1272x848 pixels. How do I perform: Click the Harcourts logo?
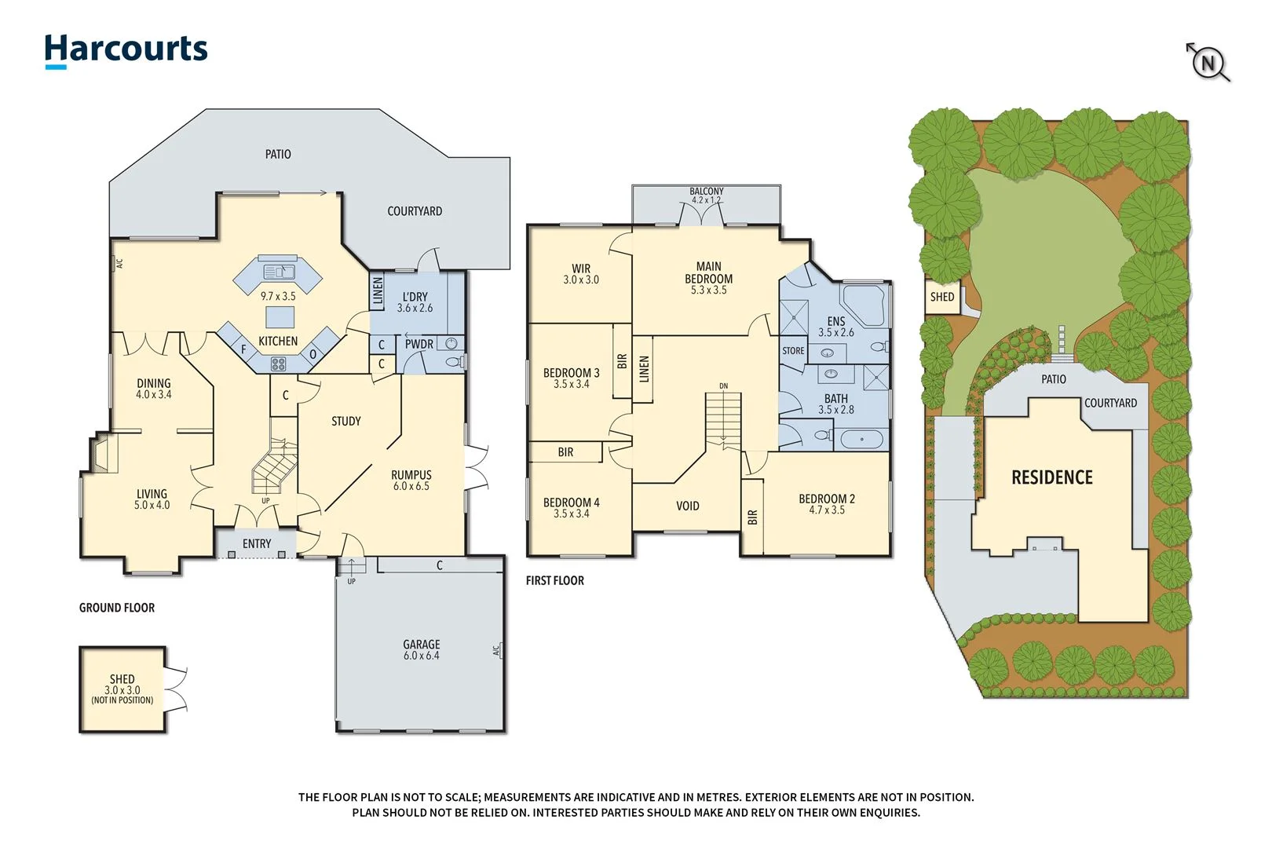126,50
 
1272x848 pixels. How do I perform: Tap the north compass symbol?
1208,62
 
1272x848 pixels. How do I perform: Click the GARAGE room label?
422,649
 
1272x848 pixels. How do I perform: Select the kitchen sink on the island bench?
279,272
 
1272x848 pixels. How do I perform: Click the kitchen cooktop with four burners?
278,364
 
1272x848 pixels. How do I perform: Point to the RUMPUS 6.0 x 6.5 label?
411,480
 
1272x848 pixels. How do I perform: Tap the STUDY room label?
346,422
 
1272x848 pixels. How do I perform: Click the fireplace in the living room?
103,455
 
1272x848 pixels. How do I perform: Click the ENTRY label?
257,543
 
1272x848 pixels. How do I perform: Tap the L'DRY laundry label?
415,302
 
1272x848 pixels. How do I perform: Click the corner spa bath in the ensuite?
864,305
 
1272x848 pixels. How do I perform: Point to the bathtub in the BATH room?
861,439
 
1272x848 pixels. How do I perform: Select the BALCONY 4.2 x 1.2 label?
707,196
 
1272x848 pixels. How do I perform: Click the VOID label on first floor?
687,506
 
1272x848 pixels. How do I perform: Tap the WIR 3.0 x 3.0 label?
581,274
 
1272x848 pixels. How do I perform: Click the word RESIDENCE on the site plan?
1051,477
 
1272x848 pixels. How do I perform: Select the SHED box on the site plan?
942,297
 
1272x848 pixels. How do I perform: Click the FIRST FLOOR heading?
555,581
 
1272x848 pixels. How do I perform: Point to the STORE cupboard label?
793,351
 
